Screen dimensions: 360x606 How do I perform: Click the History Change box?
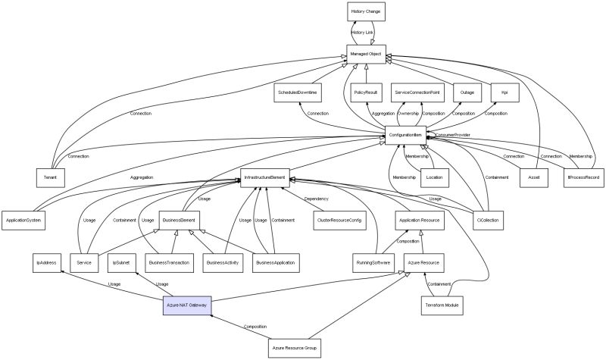pyautogui.click(x=367, y=12)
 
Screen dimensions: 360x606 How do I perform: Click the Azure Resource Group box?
pyautogui.click(x=295, y=348)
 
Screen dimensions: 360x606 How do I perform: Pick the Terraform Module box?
pyautogui.click(x=442, y=305)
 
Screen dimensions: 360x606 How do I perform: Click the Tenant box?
pyautogui.click(x=51, y=177)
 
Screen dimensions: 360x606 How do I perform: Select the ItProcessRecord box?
pyautogui.click(x=583, y=177)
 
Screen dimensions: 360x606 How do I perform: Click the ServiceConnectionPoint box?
pyautogui.click(x=417, y=92)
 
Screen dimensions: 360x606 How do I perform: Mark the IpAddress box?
pyautogui.click(x=45, y=262)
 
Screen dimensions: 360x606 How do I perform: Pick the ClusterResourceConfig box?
pyautogui.click(x=339, y=219)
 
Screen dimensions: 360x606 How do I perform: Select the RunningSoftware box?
pyautogui.click(x=373, y=262)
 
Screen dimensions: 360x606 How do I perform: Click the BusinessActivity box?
pyautogui.click(x=225, y=262)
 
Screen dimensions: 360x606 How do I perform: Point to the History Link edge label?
pyautogui.click(x=363, y=33)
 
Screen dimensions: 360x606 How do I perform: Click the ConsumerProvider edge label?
pyautogui.click(x=451, y=134)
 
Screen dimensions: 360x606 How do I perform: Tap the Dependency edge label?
pyautogui.click(x=316, y=199)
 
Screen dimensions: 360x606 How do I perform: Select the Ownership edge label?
pyautogui.click(x=408, y=113)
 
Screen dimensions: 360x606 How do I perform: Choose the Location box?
pyautogui.click(x=435, y=177)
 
